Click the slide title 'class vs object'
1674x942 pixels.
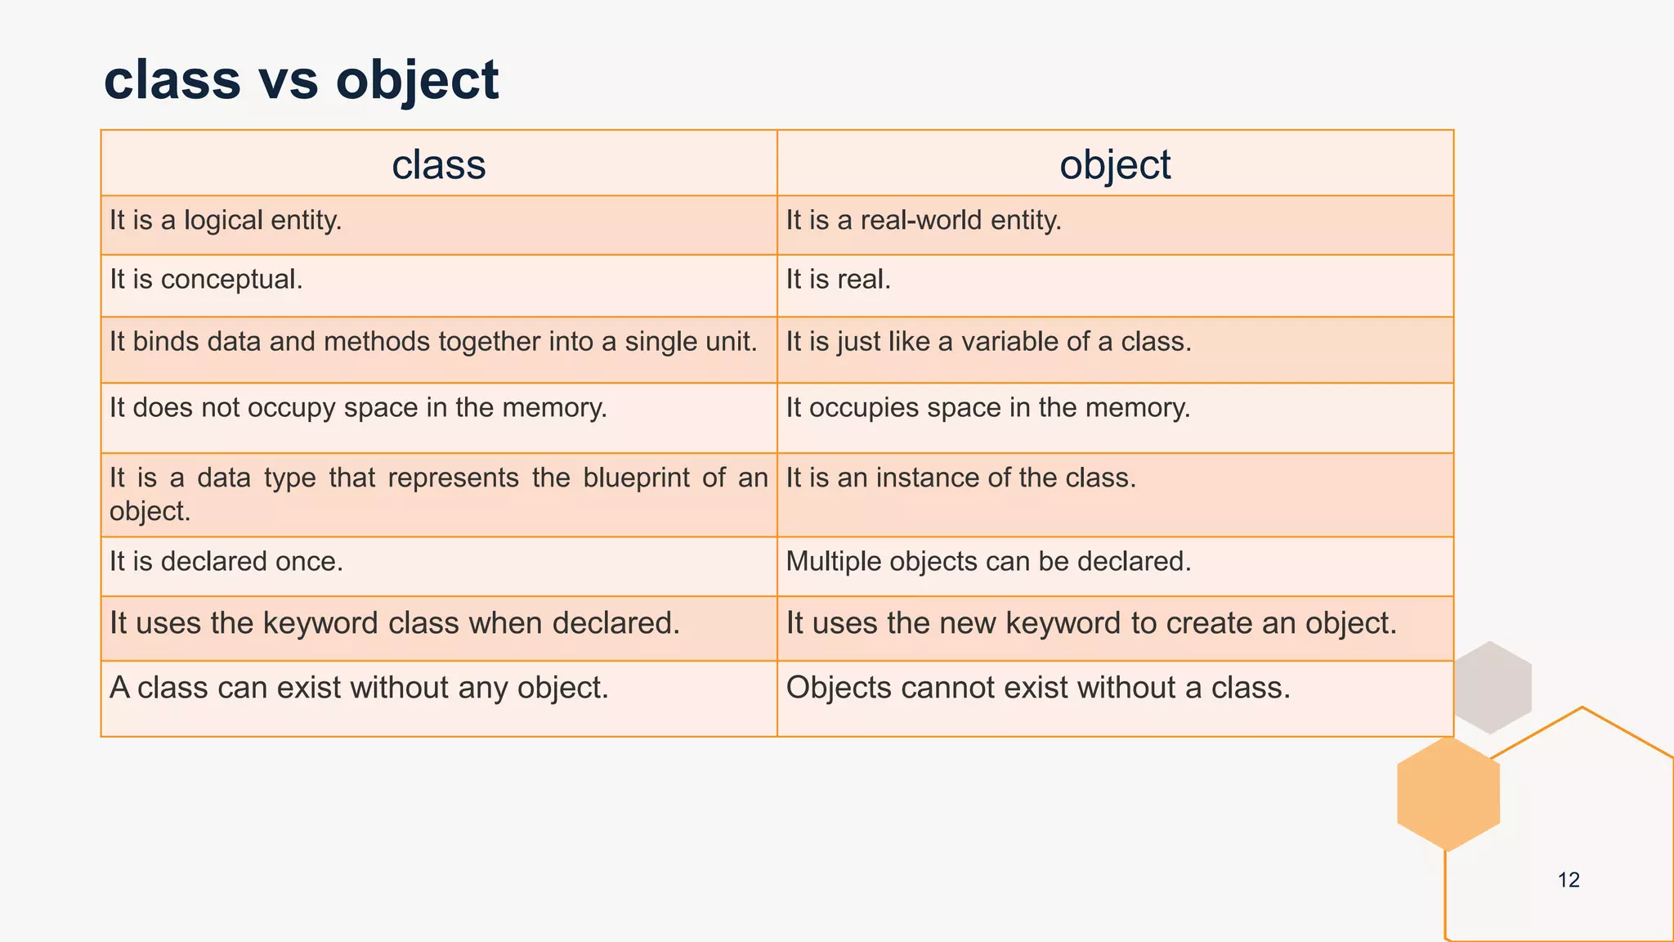tap(301, 80)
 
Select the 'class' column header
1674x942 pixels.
tap(439, 164)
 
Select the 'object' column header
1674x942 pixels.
tap(1115, 164)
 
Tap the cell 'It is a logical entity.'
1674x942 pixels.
tap(226, 221)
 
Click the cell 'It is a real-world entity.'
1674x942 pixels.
tap(924, 221)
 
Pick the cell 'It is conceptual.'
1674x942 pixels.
tap(206, 280)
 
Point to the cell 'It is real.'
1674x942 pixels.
tap(838, 280)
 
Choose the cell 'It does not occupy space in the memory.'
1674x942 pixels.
tap(358, 408)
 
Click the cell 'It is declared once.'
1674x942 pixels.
tap(226, 562)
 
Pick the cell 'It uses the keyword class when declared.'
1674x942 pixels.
tap(395, 624)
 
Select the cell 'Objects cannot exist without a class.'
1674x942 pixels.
tap(1038, 688)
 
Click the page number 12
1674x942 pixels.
tap(1569, 880)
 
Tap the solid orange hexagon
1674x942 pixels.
tap(1448, 794)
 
